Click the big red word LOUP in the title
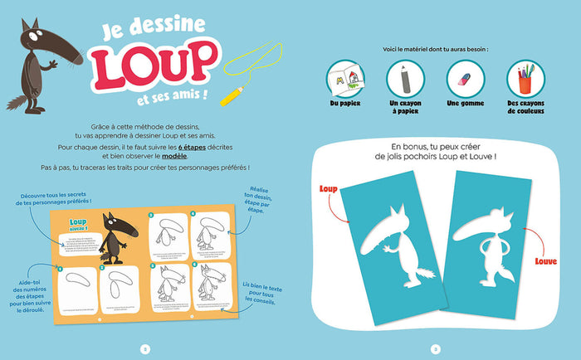[x=153, y=67]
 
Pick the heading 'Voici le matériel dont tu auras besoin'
[x=435, y=49]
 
